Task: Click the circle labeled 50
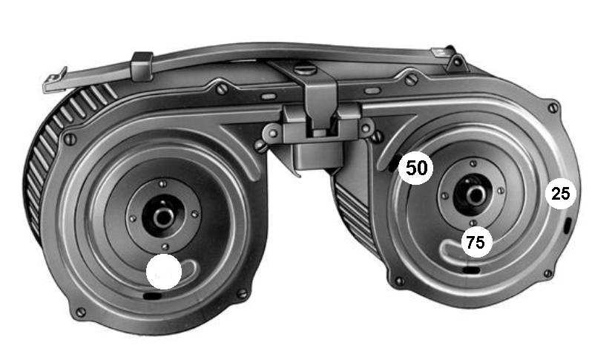[417, 168]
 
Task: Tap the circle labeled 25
[561, 194]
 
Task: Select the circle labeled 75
[476, 242]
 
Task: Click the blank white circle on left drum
[164, 272]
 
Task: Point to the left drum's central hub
[162, 217]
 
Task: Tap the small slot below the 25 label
[567, 226]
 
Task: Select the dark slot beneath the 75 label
[471, 269]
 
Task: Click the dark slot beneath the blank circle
[153, 296]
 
